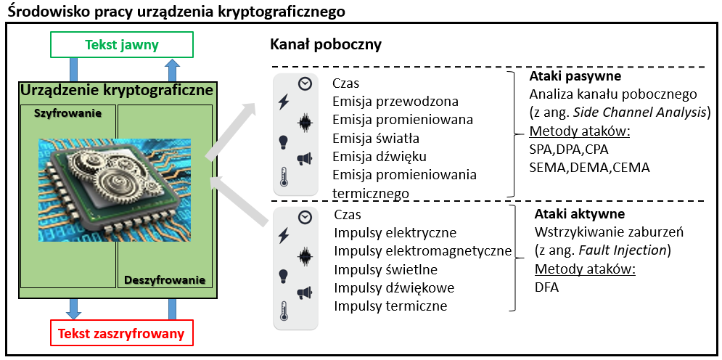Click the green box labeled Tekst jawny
coord(121,45)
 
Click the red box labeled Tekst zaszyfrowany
coord(121,334)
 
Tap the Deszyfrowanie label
coord(165,279)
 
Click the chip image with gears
coord(115,190)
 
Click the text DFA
coord(546,287)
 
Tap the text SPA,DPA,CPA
coord(569,149)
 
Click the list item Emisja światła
coord(376,139)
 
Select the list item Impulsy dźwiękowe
coord(394,287)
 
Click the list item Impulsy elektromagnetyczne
coord(423,251)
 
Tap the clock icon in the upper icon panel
coord(305,83)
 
